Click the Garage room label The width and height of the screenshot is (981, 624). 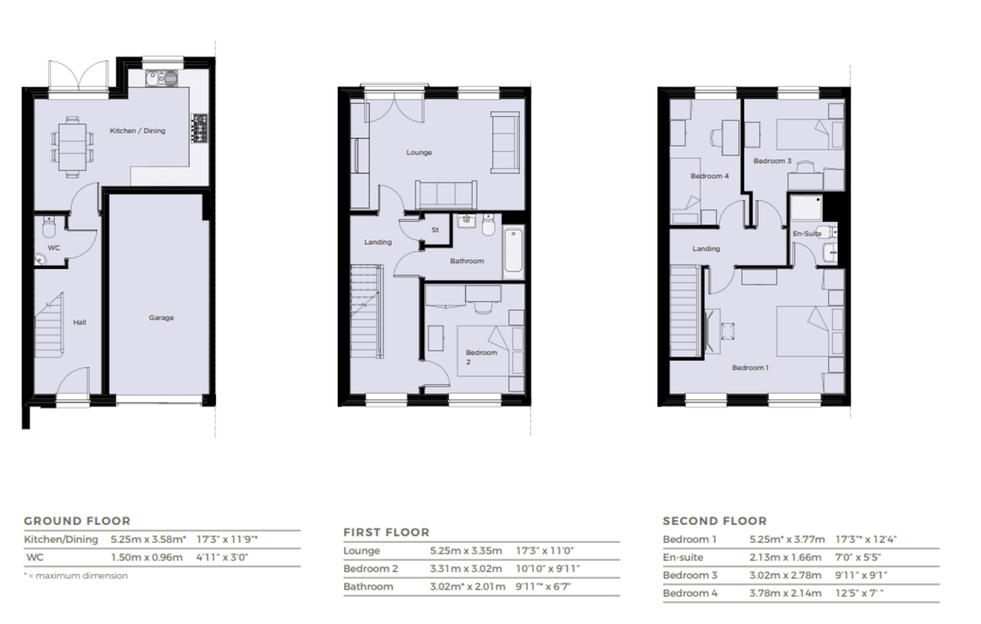tap(161, 317)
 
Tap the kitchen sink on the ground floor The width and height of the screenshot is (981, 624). tap(162, 79)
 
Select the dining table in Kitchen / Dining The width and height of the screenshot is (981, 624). tap(72, 146)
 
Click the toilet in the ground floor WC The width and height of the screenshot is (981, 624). tap(48, 227)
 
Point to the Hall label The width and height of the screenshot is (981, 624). tap(79, 322)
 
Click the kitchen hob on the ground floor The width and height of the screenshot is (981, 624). tap(199, 128)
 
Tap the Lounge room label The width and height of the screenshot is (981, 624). tap(419, 152)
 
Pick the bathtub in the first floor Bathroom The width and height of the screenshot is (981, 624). tap(513, 252)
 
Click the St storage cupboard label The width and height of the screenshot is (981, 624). tap(435, 230)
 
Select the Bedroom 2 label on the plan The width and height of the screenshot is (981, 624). tap(481, 357)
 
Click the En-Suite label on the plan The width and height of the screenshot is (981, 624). tap(807, 234)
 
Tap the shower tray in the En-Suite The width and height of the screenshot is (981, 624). tap(806, 208)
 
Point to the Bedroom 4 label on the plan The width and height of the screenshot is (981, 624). tap(710, 176)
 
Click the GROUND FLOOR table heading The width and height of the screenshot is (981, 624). tap(77, 521)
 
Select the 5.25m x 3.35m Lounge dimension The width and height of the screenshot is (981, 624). tap(466, 551)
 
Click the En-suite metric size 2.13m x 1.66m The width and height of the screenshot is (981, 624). tap(786, 558)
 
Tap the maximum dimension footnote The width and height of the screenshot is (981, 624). tap(76, 576)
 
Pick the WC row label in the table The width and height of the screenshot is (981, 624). tap(35, 558)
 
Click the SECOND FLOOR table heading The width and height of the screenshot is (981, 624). tap(714, 521)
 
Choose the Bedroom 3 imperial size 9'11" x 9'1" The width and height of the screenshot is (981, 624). tap(861, 576)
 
